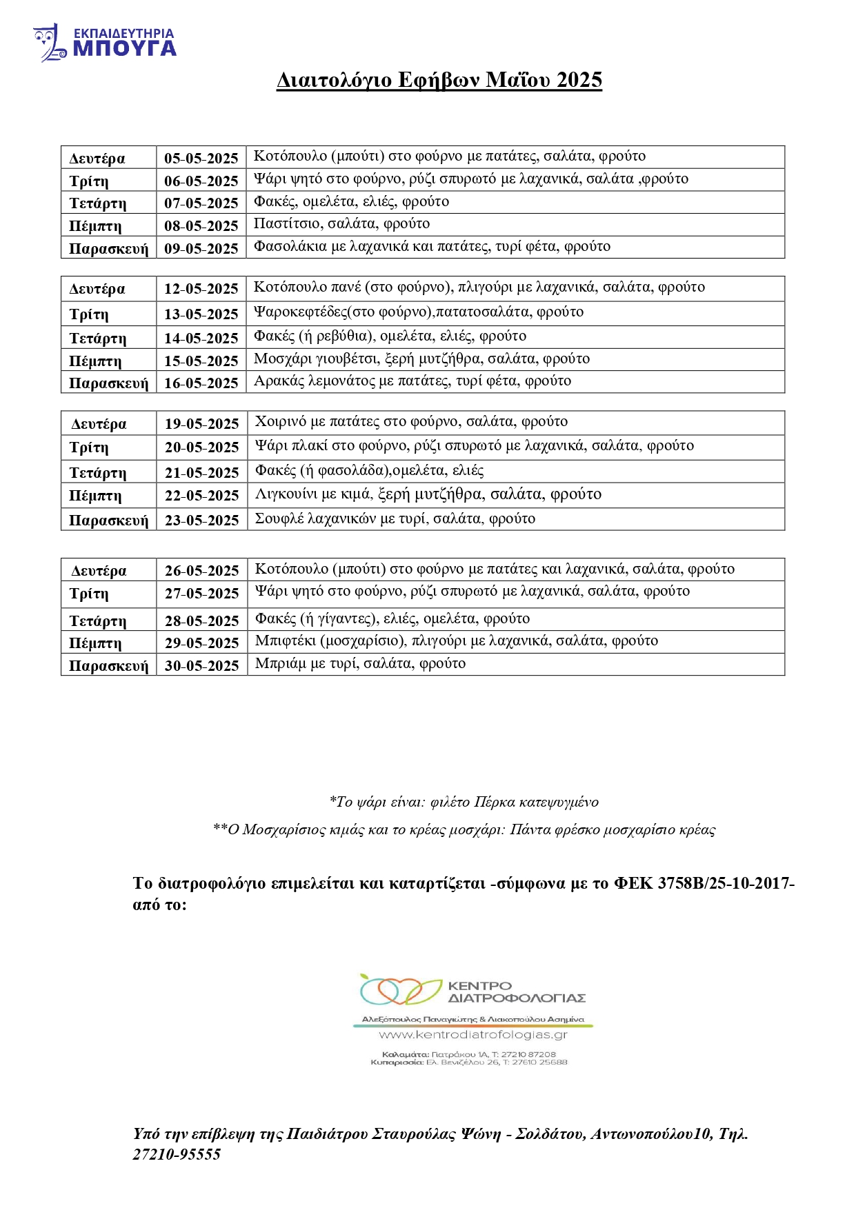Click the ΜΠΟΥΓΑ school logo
(x=105, y=43)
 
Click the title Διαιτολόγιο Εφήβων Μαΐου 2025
(x=439, y=80)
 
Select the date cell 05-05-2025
(x=201, y=158)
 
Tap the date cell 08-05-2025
(x=201, y=225)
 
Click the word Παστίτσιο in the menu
(x=286, y=223)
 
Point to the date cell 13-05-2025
(x=201, y=314)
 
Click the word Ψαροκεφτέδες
(x=301, y=312)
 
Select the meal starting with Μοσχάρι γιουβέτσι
(x=421, y=359)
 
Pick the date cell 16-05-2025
(x=201, y=383)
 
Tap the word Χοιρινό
(x=280, y=421)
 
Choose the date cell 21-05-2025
(x=201, y=472)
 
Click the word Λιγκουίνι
(x=286, y=494)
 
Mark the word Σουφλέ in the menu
(x=278, y=518)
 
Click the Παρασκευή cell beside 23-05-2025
(x=108, y=520)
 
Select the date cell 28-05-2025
(x=201, y=621)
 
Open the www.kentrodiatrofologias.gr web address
(x=473, y=1035)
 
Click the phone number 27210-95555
(x=177, y=1154)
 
